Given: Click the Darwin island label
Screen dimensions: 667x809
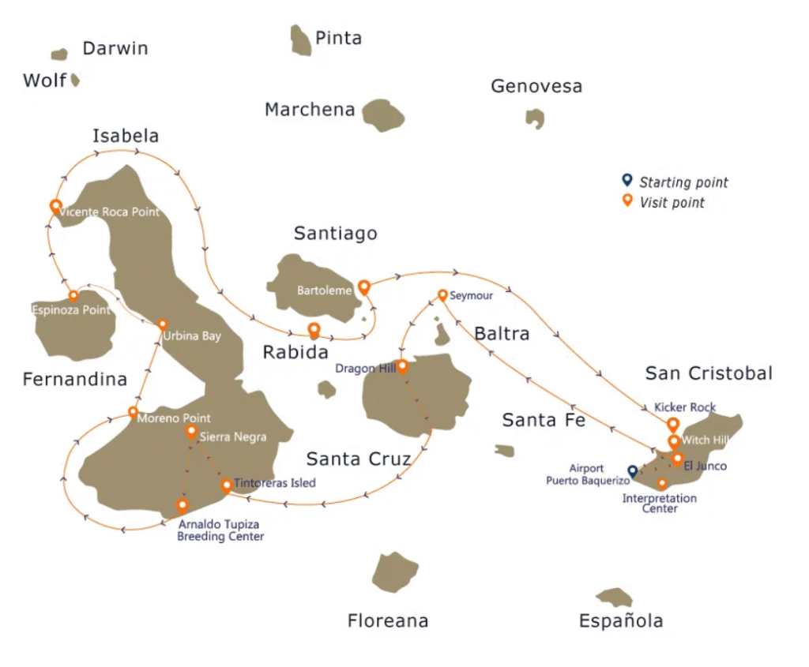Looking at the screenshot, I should pos(115,48).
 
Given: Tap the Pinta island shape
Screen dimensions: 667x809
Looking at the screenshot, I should pos(300,40).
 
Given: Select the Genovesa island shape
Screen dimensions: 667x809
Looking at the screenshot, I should pos(535,118).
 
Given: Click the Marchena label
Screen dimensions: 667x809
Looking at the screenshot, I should pos(310,110).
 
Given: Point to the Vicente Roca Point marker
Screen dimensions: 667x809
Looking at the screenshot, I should pos(55,207).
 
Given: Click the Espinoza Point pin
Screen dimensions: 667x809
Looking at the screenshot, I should pos(73,297).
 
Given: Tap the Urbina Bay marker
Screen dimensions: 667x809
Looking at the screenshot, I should pos(163,324).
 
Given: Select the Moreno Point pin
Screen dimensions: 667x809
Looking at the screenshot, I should pos(133,412).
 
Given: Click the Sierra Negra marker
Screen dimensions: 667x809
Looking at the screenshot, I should pos(191,432).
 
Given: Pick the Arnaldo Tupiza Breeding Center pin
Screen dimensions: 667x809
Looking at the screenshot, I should pos(182,504).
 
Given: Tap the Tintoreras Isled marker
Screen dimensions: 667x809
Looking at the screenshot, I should pos(227,485).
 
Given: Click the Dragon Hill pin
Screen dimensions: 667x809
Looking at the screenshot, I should pos(402,365).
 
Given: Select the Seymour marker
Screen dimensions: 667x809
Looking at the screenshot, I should pos(443,295).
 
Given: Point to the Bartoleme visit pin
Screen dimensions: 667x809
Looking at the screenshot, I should pos(363,287).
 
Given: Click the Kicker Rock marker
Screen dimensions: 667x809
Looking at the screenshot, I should pos(672,424).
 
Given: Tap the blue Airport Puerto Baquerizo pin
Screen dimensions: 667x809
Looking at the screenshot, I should pos(632,471).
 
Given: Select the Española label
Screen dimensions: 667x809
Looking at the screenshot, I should pos(621,620).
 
